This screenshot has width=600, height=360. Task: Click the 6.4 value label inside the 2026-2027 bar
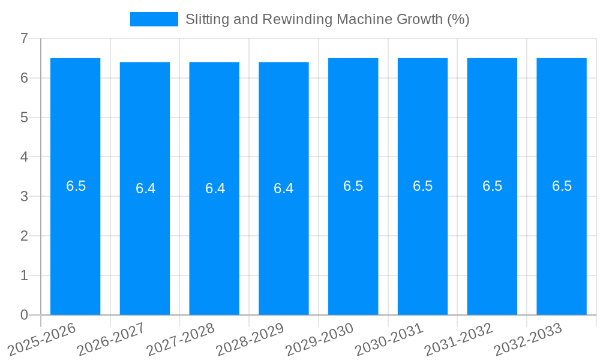145,188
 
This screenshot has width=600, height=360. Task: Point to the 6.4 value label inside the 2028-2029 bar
284,188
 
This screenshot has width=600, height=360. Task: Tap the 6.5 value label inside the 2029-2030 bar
353,186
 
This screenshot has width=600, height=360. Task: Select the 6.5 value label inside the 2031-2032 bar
492,186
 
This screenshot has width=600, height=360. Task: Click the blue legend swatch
154,19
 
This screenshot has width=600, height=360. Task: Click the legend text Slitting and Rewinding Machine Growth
327,19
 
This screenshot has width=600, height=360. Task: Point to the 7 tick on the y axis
24,38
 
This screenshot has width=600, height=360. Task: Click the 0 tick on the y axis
24,315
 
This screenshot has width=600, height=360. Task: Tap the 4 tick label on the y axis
24,157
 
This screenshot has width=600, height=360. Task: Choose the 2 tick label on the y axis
24,236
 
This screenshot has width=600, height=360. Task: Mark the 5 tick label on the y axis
24,118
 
